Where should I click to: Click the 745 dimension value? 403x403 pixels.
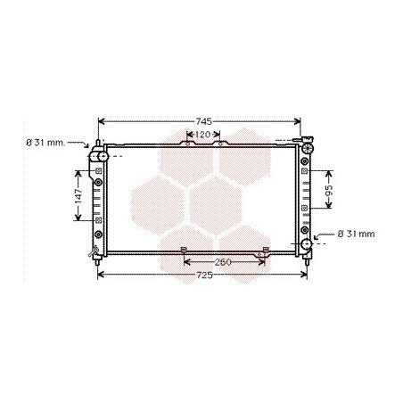click(203, 121)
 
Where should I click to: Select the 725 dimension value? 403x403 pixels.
click(204, 276)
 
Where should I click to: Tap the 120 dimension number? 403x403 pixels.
click(203, 135)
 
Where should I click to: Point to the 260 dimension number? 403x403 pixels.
click(223, 262)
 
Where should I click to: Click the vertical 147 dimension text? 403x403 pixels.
click(78, 195)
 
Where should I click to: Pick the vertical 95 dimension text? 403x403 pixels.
click(329, 190)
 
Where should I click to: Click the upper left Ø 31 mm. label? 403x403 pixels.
click(45, 143)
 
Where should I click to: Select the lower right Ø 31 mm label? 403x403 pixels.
click(356, 234)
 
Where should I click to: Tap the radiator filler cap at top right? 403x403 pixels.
click(307, 146)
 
